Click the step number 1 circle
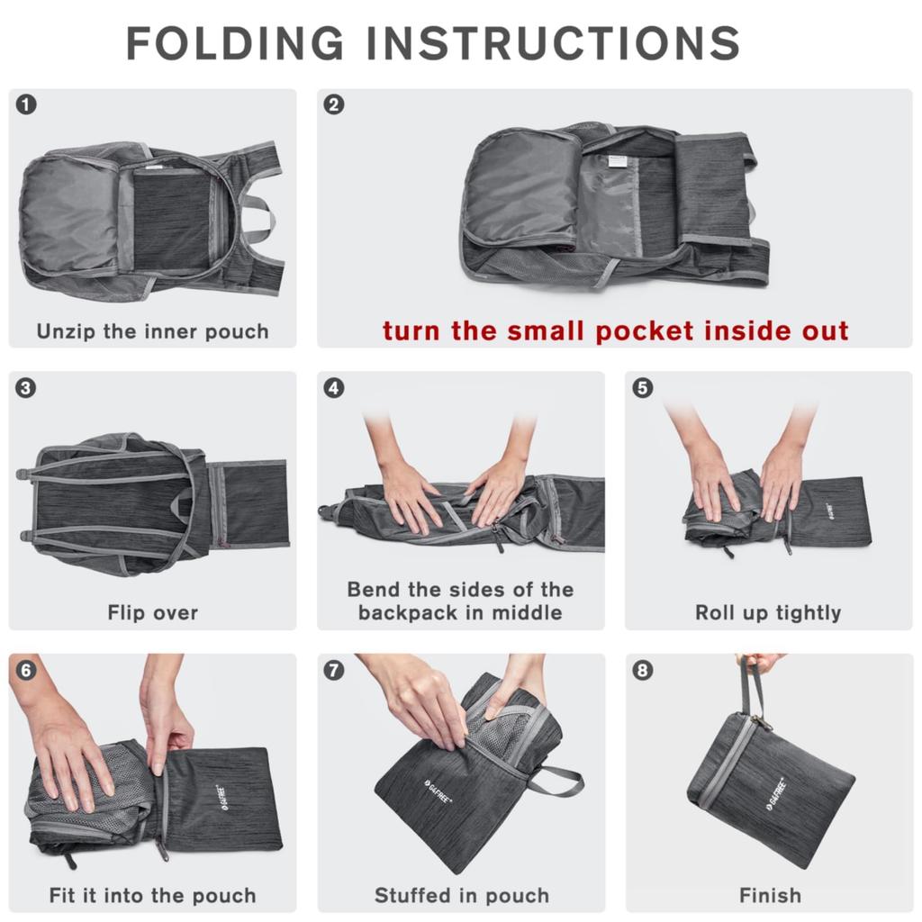27,105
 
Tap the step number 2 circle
334,105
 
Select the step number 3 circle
27,388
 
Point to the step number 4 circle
334,388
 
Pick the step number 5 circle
642,388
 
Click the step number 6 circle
27,671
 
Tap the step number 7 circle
334,671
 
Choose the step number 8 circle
642,671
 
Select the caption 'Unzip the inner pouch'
152,331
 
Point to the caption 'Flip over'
152,613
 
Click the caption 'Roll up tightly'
768,613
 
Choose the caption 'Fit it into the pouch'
152,896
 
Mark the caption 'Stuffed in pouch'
461,896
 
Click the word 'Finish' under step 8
769,896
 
